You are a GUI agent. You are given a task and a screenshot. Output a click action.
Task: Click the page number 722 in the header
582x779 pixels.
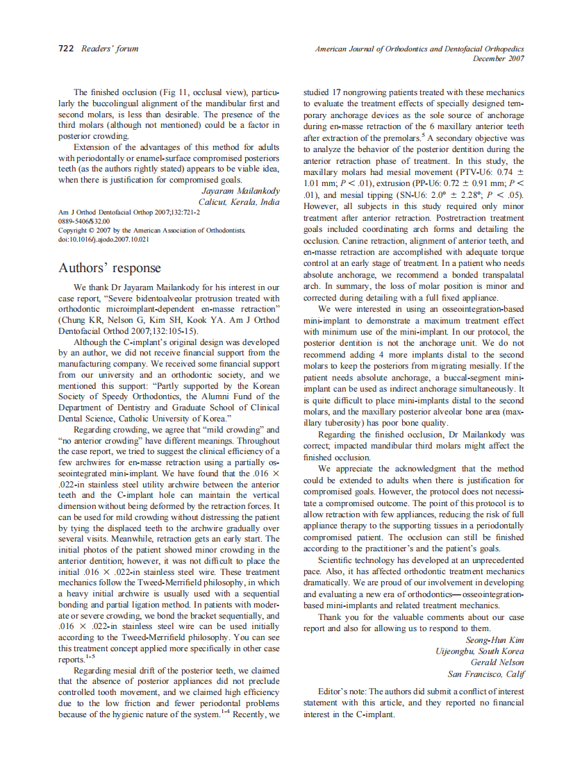pyautogui.click(x=65, y=49)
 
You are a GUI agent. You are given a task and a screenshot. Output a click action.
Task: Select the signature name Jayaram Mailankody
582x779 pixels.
pyautogui.click(x=240, y=190)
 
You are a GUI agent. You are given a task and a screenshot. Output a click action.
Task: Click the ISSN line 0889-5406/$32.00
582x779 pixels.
pyautogui.click(x=83, y=221)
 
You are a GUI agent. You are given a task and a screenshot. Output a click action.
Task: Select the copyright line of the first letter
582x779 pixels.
pyautogui.click(x=151, y=230)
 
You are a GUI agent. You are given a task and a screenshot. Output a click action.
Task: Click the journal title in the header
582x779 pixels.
pyautogui.click(x=419, y=49)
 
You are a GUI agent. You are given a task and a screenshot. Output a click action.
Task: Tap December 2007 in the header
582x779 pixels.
pyautogui.click(x=498, y=59)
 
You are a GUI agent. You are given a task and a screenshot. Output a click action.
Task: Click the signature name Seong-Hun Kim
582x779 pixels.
pyautogui.click(x=494, y=639)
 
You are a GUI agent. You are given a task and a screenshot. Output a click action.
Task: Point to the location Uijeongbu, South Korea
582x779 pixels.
pyautogui.click(x=479, y=651)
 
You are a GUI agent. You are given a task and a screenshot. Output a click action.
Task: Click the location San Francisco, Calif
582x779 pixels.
pyautogui.click(x=485, y=674)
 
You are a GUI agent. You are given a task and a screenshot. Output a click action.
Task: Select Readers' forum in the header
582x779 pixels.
pyautogui.click(x=110, y=49)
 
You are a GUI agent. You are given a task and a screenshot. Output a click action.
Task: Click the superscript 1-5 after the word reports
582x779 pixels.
pyautogui.click(x=90, y=657)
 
